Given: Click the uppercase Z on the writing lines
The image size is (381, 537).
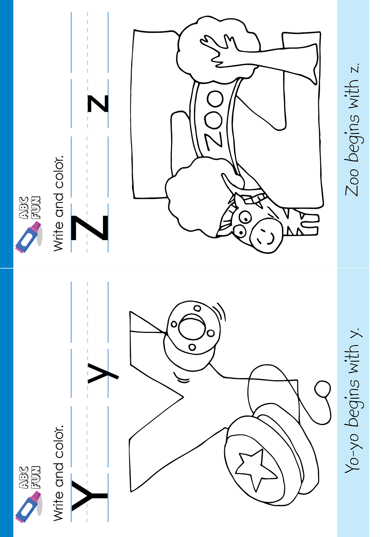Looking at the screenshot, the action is tap(89, 228).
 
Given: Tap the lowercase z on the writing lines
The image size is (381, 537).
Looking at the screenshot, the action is tap(98, 104).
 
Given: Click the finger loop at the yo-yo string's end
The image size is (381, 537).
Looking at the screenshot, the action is tap(322, 389).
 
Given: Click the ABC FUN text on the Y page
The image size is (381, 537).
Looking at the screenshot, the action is tap(29, 477).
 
